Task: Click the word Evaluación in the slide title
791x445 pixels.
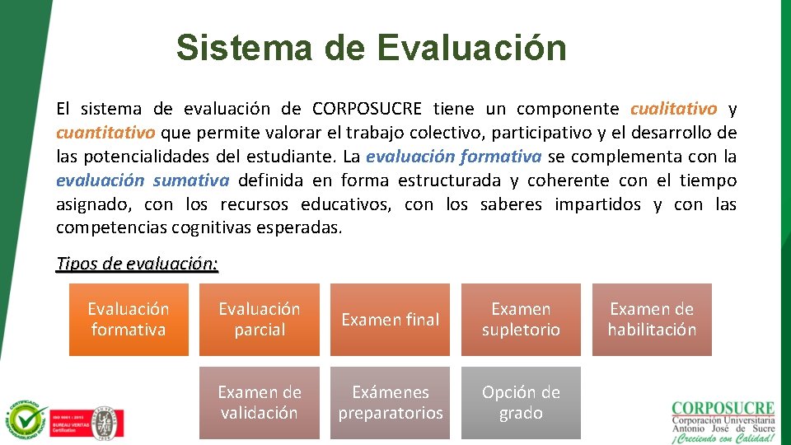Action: point(472,48)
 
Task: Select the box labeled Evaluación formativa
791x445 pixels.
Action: point(129,320)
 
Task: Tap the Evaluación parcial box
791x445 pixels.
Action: point(260,320)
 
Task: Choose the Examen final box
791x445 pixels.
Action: point(390,320)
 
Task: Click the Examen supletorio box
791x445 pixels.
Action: point(521,320)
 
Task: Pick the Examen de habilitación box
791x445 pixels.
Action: point(652,320)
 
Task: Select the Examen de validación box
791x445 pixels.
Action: point(260,403)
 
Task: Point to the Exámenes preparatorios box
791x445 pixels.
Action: point(390,403)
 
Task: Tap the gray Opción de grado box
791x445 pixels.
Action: point(521,403)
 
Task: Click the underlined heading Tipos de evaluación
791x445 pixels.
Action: point(137,264)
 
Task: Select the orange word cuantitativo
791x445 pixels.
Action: point(105,133)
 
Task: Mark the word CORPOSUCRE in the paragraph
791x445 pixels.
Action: point(367,109)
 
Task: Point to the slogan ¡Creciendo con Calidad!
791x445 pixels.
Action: point(723,438)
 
